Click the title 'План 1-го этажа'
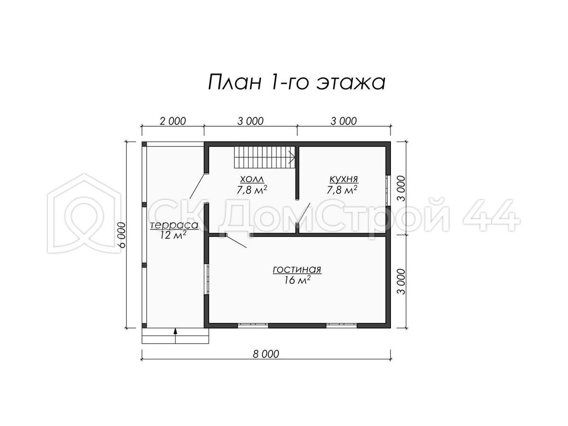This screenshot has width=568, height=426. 297,81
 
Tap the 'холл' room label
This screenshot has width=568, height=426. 252,179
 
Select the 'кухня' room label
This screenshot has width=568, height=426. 344,179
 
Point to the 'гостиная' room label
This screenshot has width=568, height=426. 297,269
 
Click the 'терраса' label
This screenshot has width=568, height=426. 174,225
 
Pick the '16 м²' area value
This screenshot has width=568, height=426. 297,280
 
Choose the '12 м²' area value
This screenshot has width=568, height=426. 174,235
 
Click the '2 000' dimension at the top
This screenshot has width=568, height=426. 173,121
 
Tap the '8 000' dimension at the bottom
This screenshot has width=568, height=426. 266,354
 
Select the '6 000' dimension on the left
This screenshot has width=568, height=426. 122,235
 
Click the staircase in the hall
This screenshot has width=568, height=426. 265,157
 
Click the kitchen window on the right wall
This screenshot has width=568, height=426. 387,191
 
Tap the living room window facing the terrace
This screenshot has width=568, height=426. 206,279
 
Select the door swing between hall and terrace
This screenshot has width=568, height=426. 197,186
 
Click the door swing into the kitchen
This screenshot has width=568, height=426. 303,212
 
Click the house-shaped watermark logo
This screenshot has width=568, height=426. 84,213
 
